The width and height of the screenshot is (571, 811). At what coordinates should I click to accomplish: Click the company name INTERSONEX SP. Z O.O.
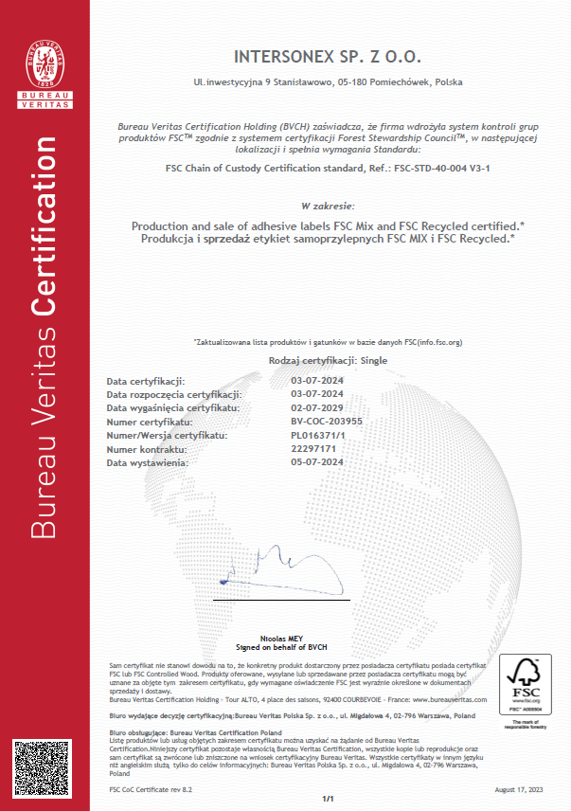(328, 58)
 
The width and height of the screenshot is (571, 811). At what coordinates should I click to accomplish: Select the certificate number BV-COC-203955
(327, 422)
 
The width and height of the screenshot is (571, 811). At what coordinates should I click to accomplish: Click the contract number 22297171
(313, 449)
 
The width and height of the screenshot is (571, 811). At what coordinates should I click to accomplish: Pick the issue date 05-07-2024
(317, 462)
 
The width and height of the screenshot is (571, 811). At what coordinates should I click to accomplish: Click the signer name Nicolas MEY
(285, 640)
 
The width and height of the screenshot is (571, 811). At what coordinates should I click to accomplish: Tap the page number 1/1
(329, 800)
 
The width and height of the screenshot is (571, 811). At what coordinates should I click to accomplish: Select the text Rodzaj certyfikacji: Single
(328, 362)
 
